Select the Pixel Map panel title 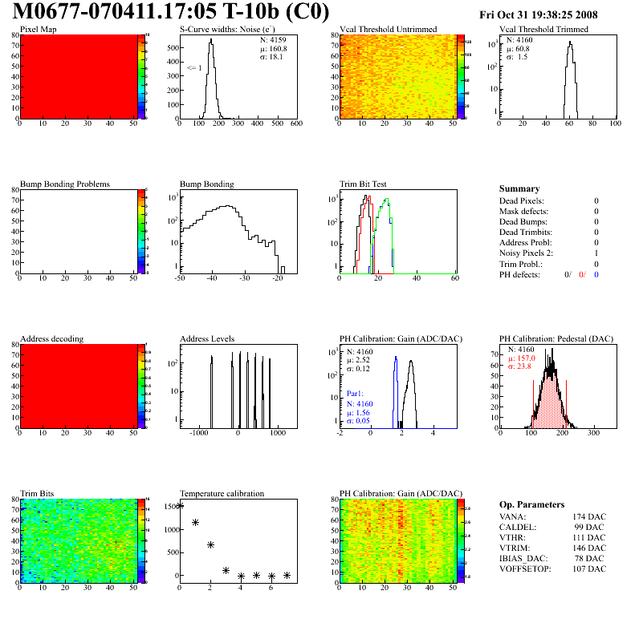pos(38,30)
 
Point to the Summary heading pos(519,188)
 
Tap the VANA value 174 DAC pos(586,516)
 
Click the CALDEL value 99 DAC pos(588,527)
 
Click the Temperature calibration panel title pos(222,493)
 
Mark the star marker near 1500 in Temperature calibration pos(181,505)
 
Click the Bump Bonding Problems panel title pos(64,184)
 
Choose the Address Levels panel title pos(207,338)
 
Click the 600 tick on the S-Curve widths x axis pos(295,123)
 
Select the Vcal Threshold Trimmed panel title pos(543,30)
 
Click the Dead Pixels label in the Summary pos(521,200)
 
